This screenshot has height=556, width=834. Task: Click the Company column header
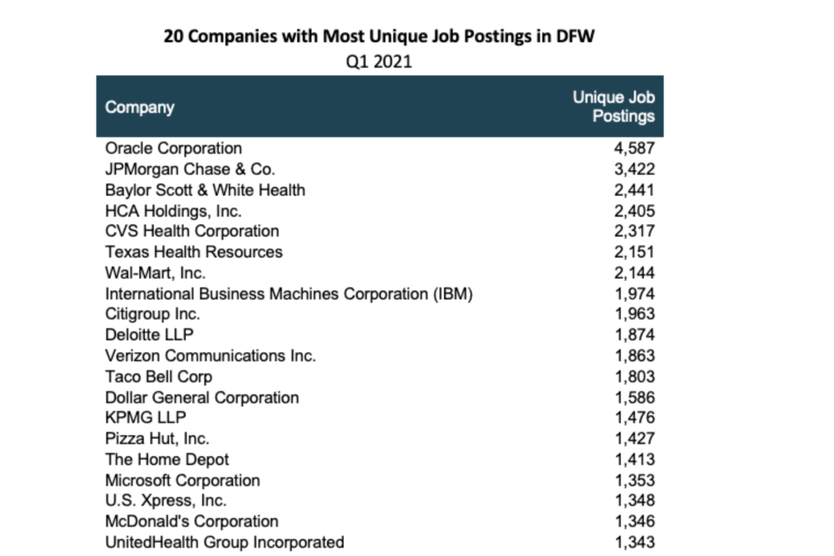point(140,108)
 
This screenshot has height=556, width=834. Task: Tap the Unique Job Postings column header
point(614,106)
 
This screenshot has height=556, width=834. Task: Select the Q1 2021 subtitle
point(379,61)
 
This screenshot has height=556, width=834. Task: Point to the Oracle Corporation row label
point(174,148)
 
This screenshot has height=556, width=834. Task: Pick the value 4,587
point(635,148)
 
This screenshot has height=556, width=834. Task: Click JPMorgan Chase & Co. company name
point(190,170)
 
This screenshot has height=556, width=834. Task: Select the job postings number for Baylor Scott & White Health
point(635,190)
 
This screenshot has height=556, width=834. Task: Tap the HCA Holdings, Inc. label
point(174,211)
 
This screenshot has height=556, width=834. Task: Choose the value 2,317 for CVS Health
point(635,231)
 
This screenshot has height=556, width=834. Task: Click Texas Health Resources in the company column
point(194,252)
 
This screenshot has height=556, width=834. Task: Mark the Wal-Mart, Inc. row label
point(155,273)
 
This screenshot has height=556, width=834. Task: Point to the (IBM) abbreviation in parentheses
point(452,294)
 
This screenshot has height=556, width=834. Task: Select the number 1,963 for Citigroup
point(635,314)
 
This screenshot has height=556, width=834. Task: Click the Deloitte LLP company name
point(149,335)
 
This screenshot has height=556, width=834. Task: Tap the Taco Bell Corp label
point(159,377)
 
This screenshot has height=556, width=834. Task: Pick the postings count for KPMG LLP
point(635,418)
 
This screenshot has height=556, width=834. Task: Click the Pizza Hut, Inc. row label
point(157,439)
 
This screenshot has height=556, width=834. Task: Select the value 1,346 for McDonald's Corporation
point(635,521)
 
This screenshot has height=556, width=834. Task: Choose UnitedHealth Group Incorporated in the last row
point(224,543)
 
